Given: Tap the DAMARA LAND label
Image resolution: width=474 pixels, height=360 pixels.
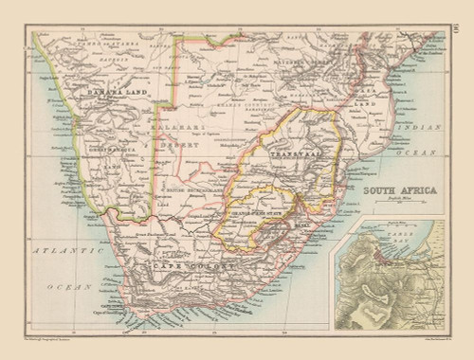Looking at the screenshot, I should pos(114,92).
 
